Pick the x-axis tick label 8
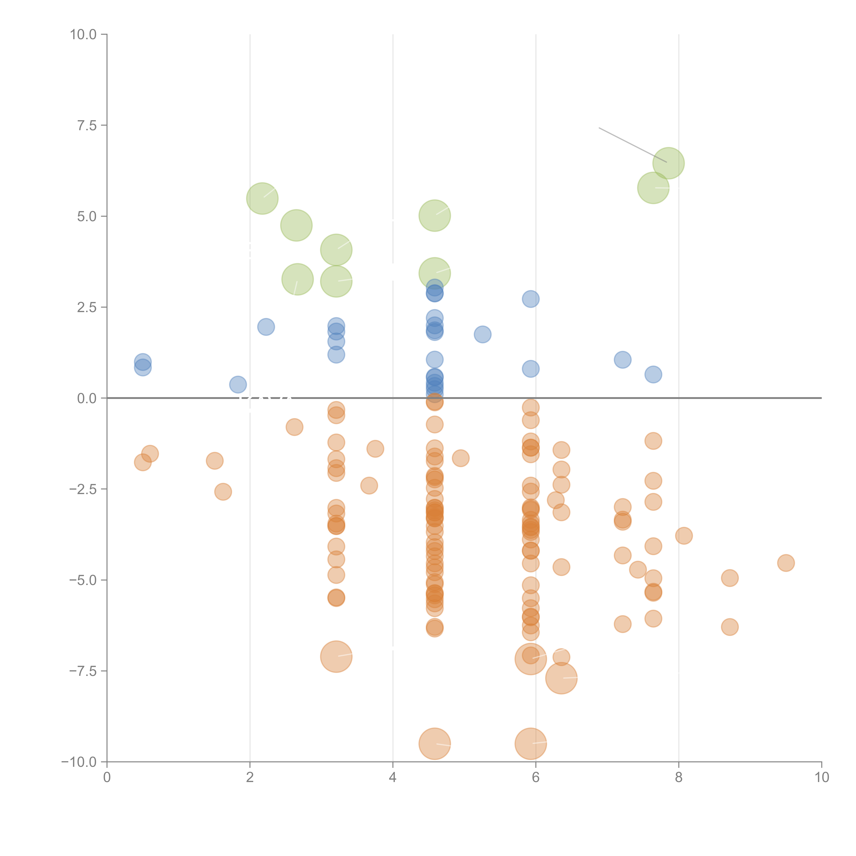coord(679,778)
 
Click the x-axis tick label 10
coord(821,778)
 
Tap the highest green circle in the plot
coord(669,163)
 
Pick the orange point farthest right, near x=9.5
coord(786,563)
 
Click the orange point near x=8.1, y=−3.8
coord(684,536)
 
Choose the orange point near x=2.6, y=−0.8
coord(294,427)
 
